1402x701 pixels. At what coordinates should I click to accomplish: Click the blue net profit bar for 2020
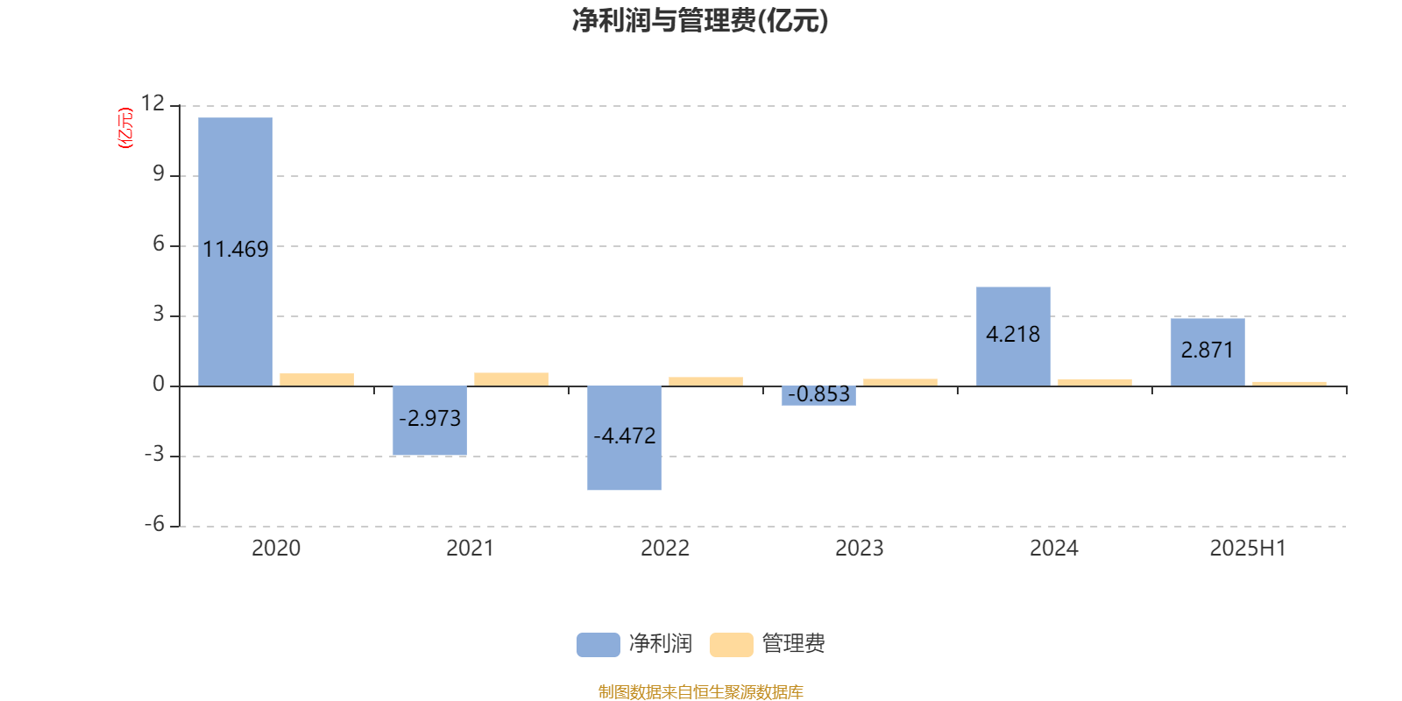tap(236, 251)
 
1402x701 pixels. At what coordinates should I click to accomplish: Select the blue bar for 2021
tap(430, 421)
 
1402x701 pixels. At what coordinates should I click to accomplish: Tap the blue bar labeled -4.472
tap(624, 438)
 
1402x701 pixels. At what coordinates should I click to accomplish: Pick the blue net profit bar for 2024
tap(1013, 336)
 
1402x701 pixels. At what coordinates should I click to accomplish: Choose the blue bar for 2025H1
tap(1208, 352)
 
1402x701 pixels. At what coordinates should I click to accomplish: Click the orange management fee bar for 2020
tap(316, 380)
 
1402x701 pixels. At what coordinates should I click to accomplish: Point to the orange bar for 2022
tap(706, 382)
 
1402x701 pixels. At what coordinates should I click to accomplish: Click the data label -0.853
tap(818, 394)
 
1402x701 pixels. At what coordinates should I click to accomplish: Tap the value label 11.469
tap(236, 250)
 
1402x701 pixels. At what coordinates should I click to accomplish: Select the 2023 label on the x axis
tap(860, 549)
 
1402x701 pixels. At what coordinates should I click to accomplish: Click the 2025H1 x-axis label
tap(1248, 549)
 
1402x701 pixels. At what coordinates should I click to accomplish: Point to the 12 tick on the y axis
tap(152, 103)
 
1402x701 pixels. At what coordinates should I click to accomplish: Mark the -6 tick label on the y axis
tap(154, 524)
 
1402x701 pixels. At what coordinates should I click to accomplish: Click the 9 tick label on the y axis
tap(159, 173)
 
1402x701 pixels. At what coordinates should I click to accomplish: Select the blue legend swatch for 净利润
tap(598, 645)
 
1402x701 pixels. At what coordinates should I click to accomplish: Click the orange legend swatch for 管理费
tap(731, 645)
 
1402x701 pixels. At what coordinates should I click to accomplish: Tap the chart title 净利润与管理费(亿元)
tap(700, 21)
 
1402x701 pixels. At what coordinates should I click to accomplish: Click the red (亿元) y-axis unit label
tap(126, 128)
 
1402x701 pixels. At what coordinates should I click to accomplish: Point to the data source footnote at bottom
tap(700, 691)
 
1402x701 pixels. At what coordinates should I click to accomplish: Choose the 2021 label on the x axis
tap(470, 549)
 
